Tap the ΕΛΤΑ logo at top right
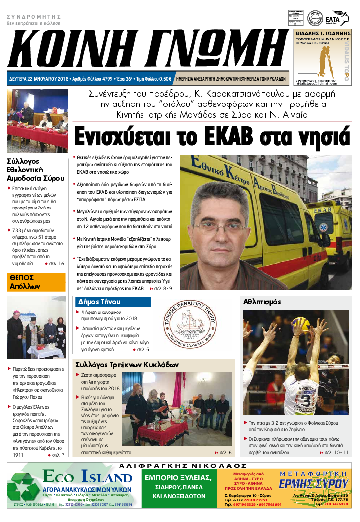tap(340, 16)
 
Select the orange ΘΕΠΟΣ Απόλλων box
tap(36, 282)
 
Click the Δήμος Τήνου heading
tap(98, 302)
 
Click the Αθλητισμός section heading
tap(262, 302)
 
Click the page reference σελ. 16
tap(56, 263)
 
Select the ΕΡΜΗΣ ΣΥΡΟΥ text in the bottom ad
tap(313, 483)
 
